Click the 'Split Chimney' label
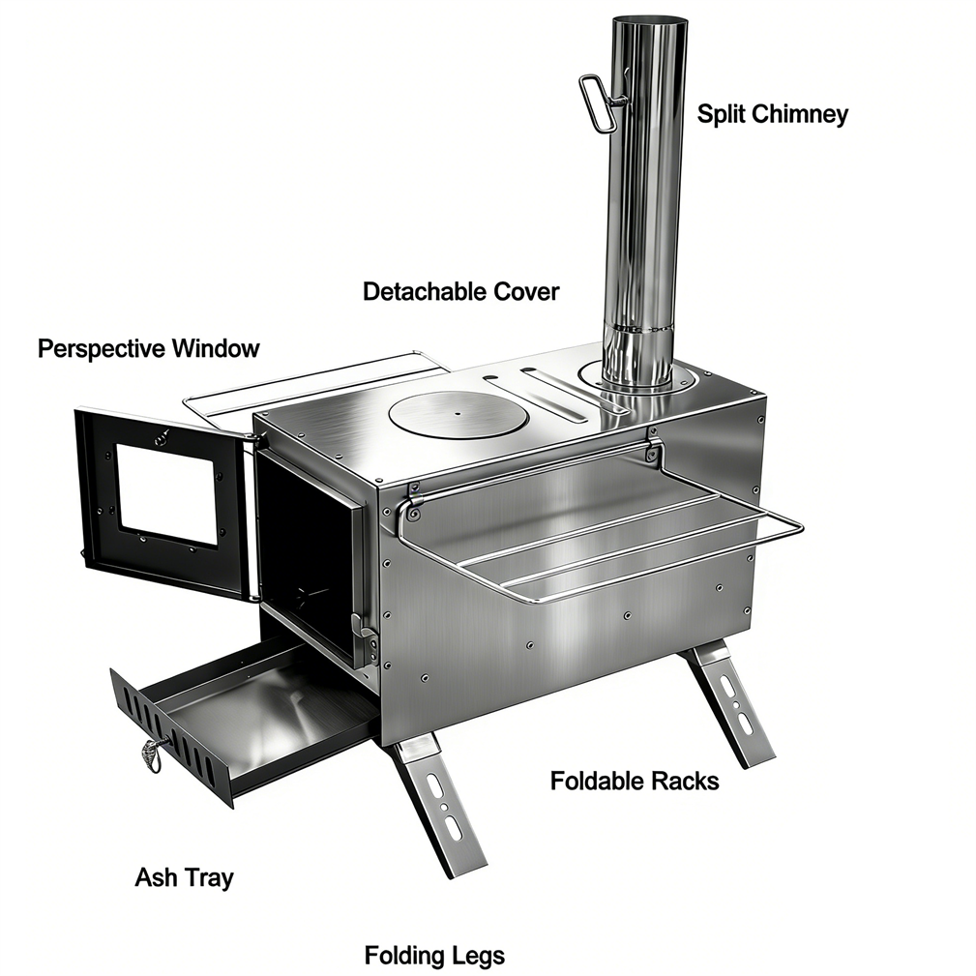pyautogui.click(x=772, y=114)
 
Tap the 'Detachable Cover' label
pyautogui.click(x=460, y=291)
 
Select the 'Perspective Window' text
pyautogui.click(x=148, y=348)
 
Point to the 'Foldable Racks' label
pyautogui.click(x=635, y=781)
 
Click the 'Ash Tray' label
pyautogui.click(x=184, y=877)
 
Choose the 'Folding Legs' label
pyautogui.click(x=434, y=956)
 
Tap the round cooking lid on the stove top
pyautogui.click(x=457, y=413)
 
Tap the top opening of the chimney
pyautogui.click(x=650, y=22)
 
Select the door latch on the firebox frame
pyautogui.click(x=364, y=631)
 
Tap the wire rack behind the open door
pyautogui.click(x=311, y=386)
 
